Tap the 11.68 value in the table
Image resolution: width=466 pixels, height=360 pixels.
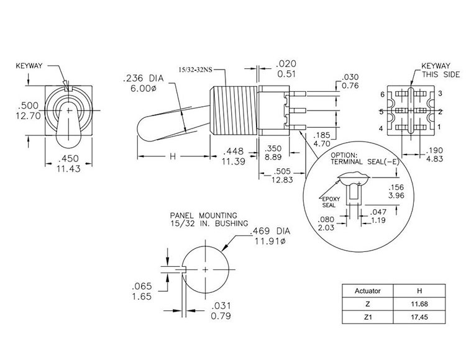419,304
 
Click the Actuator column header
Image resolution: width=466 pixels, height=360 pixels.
367,290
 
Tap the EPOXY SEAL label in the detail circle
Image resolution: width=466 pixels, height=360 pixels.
328,200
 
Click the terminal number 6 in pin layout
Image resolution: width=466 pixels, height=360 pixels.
384,94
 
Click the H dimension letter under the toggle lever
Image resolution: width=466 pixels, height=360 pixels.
172,157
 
